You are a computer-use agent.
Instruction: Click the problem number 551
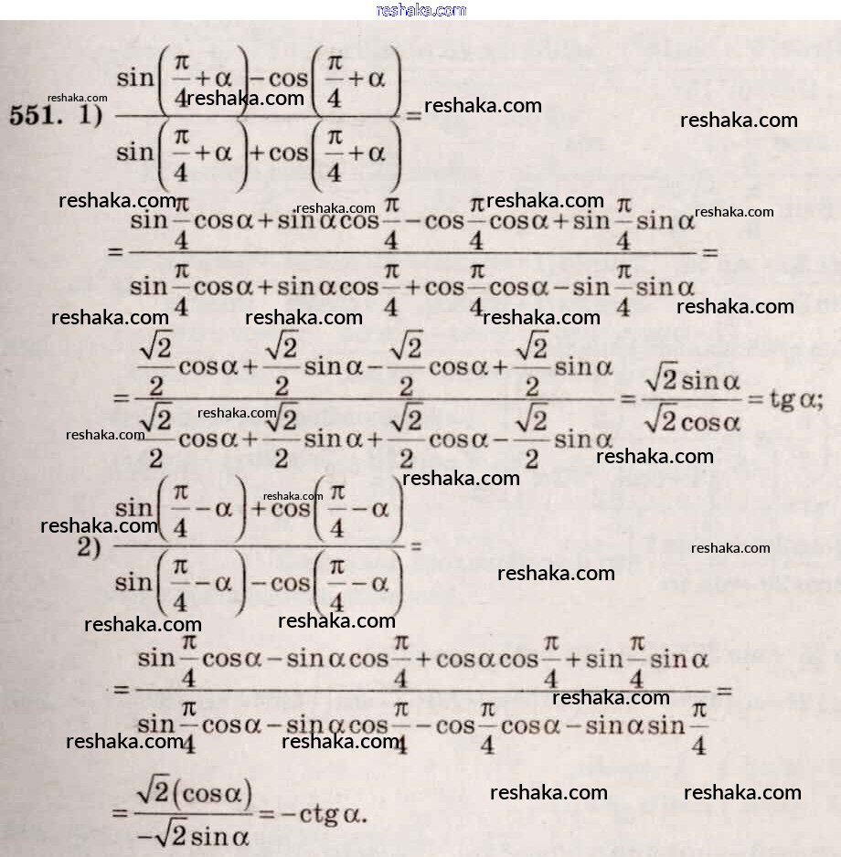pyautogui.click(x=35, y=117)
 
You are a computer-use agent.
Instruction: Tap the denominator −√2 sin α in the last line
pyautogui.click(x=191, y=834)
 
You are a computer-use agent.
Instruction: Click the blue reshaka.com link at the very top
pyautogui.click(x=420, y=10)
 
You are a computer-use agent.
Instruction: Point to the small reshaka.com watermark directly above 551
pyautogui.click(x=78, y=98)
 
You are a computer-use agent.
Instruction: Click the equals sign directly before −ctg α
pyautogui.click(x=268, y=812)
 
